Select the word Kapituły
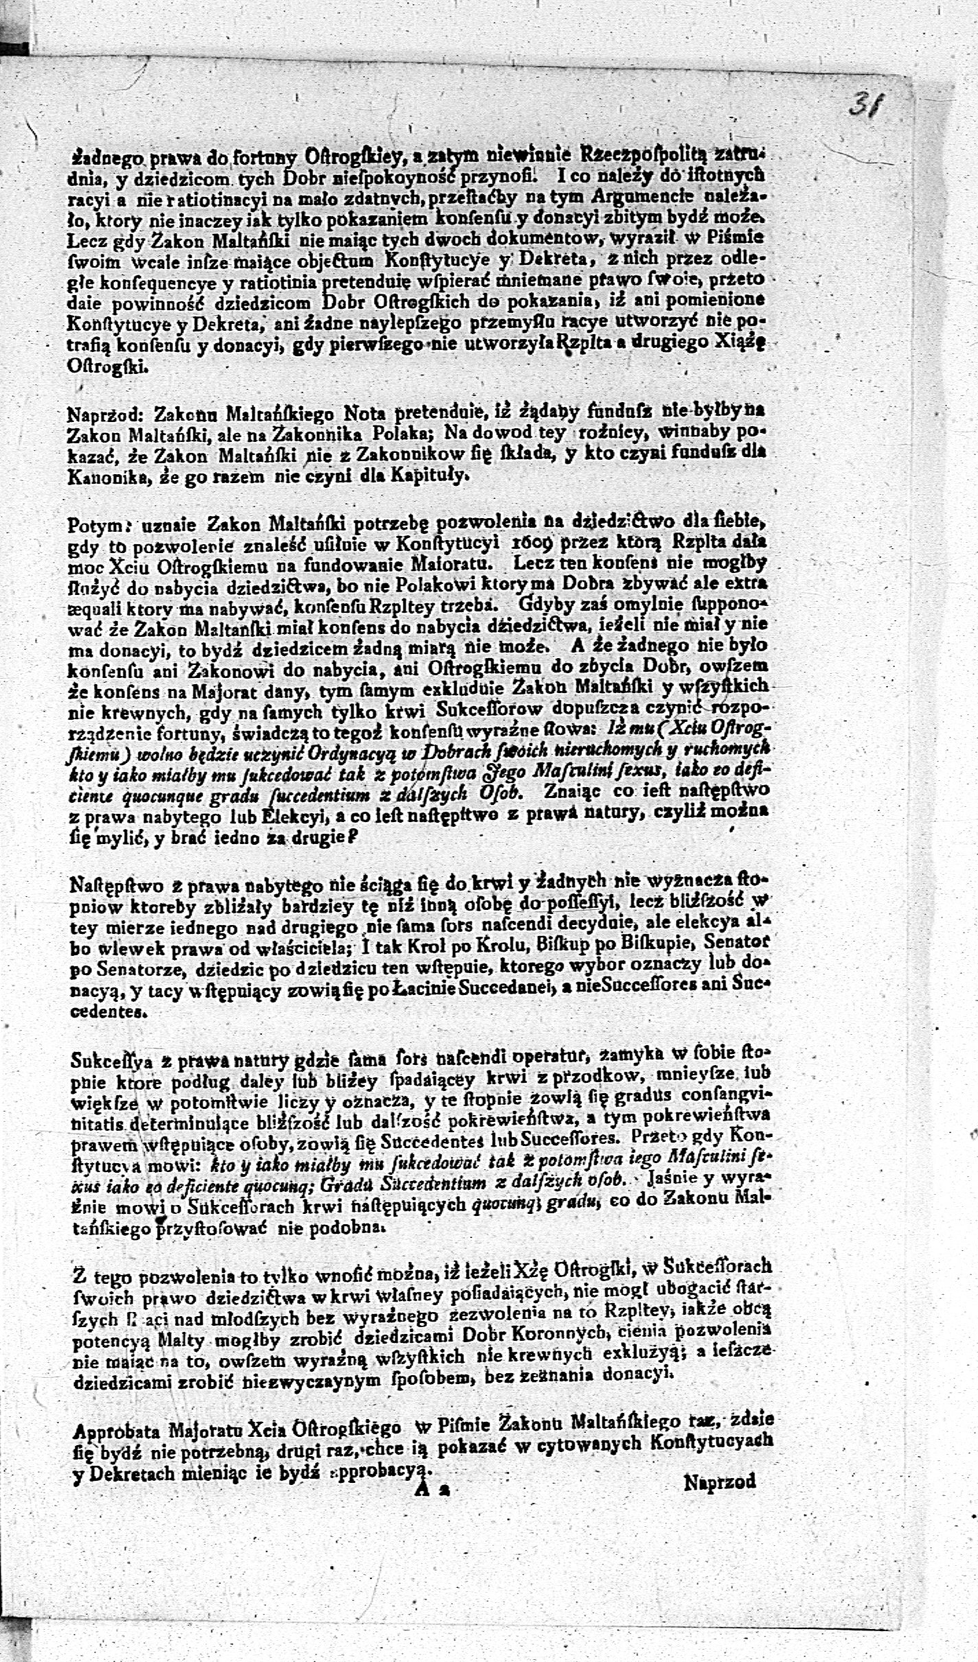(x=426, y=475)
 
